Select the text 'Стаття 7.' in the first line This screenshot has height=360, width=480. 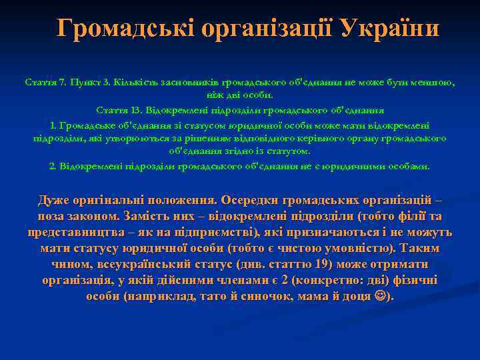pos(43,83)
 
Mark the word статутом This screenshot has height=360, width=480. pos(290,151)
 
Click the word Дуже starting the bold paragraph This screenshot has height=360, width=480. pos(54,200)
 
